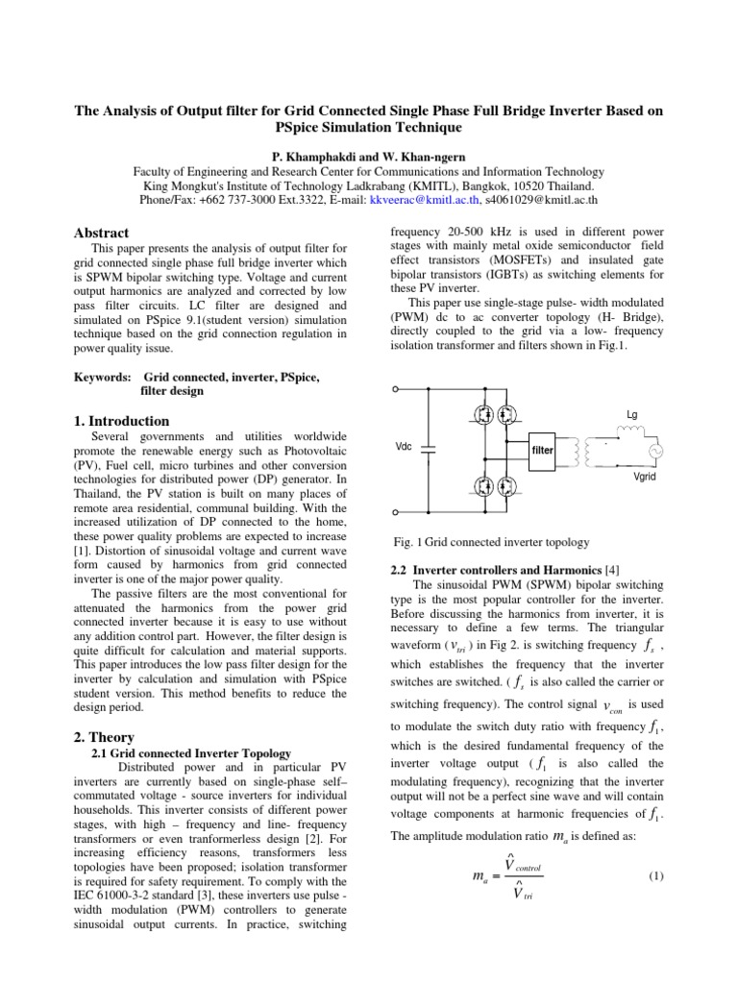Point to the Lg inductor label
coord(631,414)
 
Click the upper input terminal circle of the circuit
coord(396,390)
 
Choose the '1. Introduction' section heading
coord(122,421)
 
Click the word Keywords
coord(104,378)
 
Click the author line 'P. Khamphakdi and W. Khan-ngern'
coord(369,156)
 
